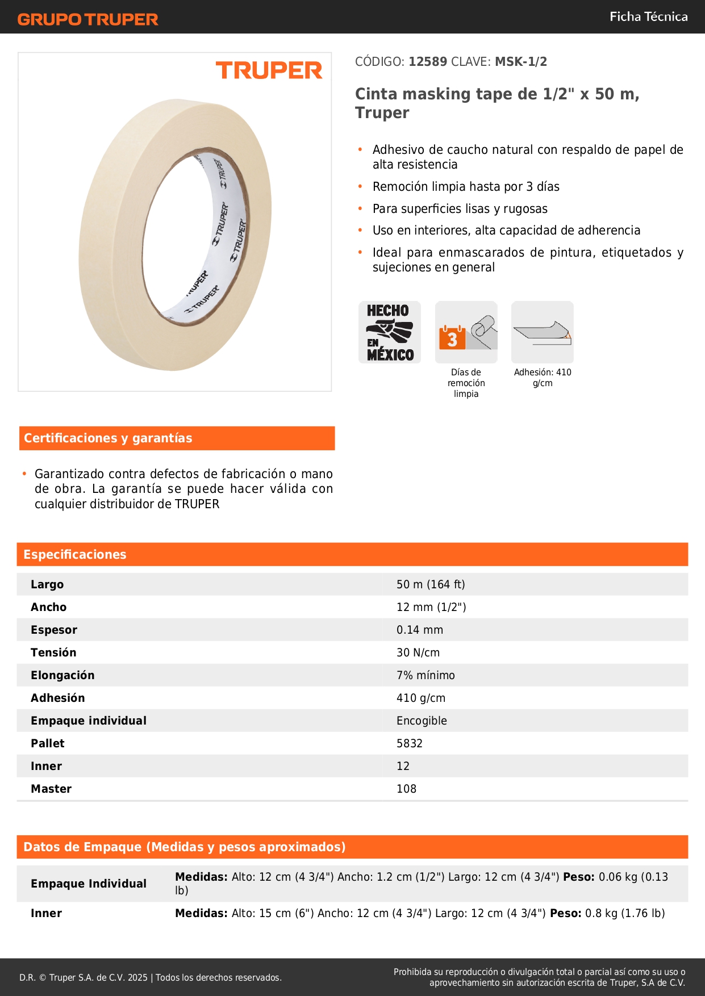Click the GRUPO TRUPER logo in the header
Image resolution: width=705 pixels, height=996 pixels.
[87, 19]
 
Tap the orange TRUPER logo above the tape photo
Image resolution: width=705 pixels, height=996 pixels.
[269, 70]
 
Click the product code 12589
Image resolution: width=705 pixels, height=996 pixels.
[428, 61]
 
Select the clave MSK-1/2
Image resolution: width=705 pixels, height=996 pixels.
[521, 61]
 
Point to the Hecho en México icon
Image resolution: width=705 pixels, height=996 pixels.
[390, 332]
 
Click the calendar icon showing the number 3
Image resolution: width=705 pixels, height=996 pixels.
[452, 338]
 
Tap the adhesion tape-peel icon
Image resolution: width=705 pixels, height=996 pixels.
[543, 332]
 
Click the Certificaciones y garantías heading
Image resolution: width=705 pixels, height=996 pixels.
[108, 438]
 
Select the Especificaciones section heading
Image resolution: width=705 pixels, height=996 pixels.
[75, 554]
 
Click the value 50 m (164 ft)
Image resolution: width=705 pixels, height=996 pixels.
[431, 584]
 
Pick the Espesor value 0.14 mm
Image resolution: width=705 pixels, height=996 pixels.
[420, 630]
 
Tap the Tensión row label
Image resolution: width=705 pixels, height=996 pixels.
[53, 652]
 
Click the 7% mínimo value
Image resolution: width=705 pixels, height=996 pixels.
[425, 675]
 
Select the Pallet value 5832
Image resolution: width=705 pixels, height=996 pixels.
[410, 743]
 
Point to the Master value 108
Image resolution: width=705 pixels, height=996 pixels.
[406, 789]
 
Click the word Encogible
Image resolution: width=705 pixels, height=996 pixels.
[422, 721]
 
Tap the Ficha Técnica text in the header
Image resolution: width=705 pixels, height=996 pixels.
[648, 16]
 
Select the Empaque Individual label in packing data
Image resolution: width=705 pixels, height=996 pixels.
[89, 884]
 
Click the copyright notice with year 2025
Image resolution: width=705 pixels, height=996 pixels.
[151, 977]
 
